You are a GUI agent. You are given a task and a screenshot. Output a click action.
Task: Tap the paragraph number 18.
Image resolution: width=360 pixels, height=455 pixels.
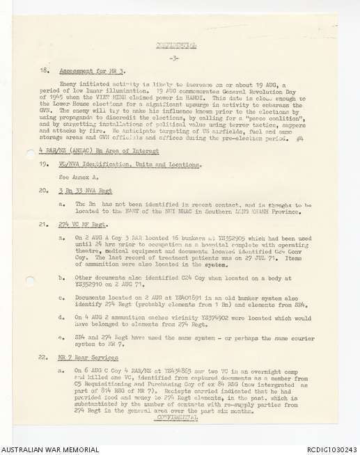click(x=44, y=72)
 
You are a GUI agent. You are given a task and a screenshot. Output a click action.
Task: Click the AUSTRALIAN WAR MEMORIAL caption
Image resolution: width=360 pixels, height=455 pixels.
click(x=49, y=449)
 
